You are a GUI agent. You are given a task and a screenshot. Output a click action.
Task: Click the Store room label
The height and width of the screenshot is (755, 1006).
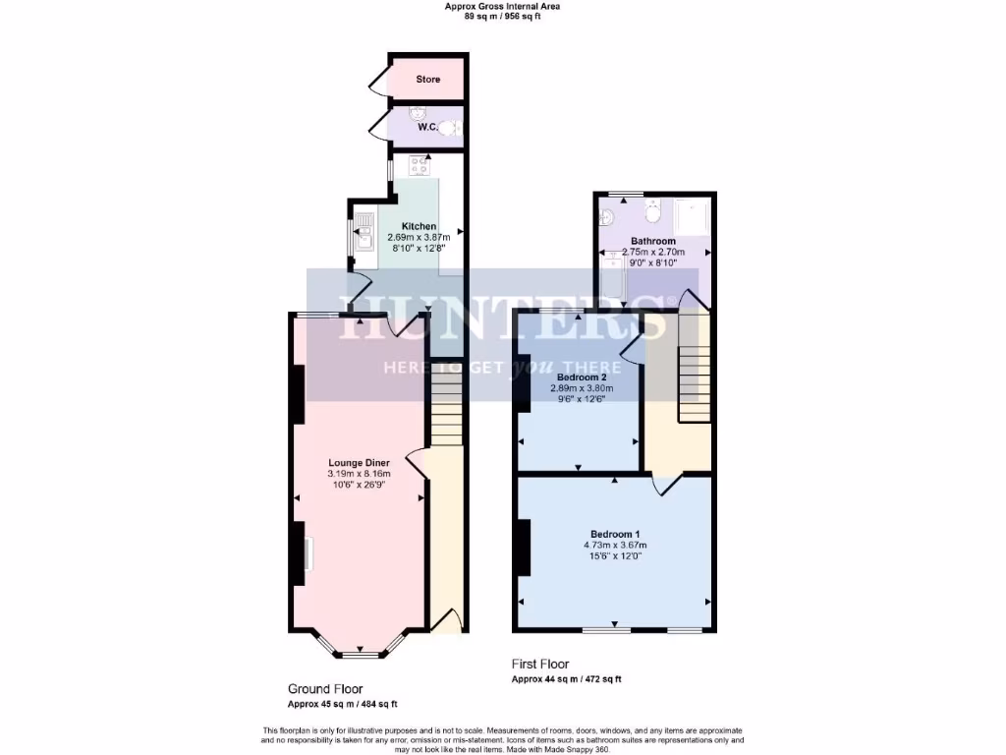pos(427,79)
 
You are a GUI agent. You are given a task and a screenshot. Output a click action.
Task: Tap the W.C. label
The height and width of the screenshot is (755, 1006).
pos(427,127)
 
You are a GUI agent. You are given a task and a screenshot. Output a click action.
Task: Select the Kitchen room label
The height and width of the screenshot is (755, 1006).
pos(419,226)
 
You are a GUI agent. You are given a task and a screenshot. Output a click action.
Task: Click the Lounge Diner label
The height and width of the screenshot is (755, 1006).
pos(360,463)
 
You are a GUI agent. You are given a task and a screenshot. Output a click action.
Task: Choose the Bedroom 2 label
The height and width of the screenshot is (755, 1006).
pos(582,377)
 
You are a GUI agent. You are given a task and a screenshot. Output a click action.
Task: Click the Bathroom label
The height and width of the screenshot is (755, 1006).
pos(653,241)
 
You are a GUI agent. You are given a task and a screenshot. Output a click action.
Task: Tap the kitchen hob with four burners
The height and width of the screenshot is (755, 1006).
pos(421,165)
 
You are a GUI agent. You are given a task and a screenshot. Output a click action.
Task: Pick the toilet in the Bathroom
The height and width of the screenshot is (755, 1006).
pos(652,209)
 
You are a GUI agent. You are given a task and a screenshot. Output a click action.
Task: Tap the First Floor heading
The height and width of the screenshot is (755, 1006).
pos(540,665)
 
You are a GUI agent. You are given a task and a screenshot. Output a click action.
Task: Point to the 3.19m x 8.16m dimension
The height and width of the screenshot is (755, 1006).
pos(360,475)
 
